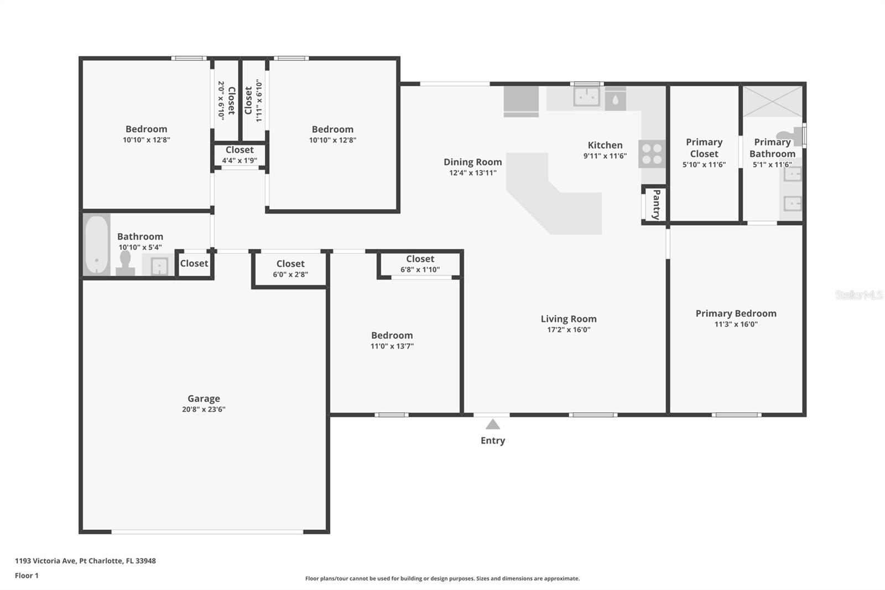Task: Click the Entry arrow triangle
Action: pyautogui.click(x=492, y=425)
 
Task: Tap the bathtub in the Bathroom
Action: pyautogui.click(x=97, y=244)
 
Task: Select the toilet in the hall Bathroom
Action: pyautogui.click(x=126, y=263)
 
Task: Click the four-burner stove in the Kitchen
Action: pyautogui.click(x=652, y=154)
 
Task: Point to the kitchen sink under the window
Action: pyautogui.click(x=586, y=97)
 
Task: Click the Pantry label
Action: pyautogui.click(x=656, y=204)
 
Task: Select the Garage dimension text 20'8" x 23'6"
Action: pyautogui.click(x=204, y=410)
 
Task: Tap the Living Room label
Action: pyautogui.click(x=568, y=319)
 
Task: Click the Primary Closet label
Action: pyautogui.click(x=704, y=148)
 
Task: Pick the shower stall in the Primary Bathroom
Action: pyautogui.click(x=772, y=101)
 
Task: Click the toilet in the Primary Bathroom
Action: pyautogui.click(x=789, y=136)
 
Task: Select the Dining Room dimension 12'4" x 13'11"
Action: pyautogui.click(x=472, y=173)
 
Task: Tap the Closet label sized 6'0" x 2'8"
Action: pyautogui.click(x=290, y=264)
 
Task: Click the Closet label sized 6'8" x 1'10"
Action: pyautogui.click(x=420, y=259)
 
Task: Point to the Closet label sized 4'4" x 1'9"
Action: pyautogui.click(x=240, y=150)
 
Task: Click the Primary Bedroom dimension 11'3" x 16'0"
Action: pyautogui.click(x=736, y=324)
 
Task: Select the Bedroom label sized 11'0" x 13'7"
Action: pyautogui.click(x=392, y=335)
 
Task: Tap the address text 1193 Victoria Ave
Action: pyautogui.click(x=45, y=561)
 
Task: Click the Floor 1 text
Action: pyautogui.click(x=27, y=576)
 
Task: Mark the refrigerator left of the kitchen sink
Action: pyautogui.click(x=521, y=101)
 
